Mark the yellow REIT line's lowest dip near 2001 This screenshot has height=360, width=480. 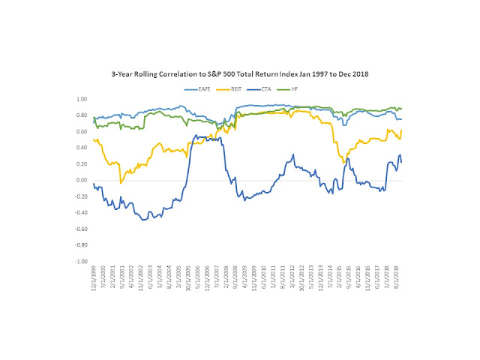click(x=121, y=183)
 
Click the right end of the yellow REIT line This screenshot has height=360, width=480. click(x=401, y=130)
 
